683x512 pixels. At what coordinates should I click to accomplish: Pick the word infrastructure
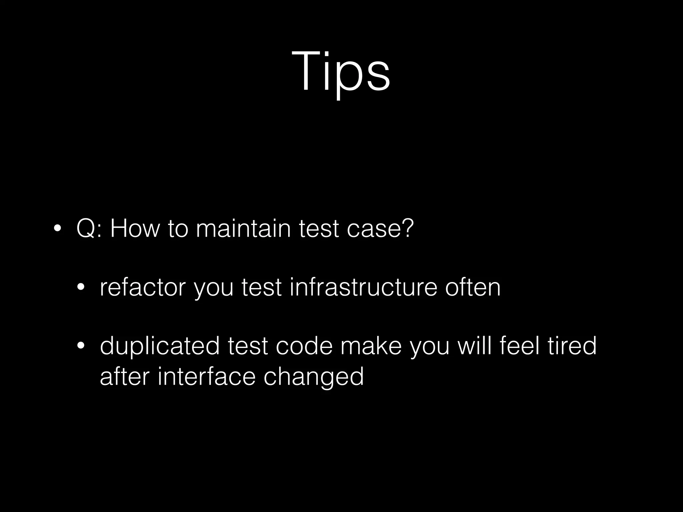click(363, 287)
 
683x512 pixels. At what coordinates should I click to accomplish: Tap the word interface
click(206, 377)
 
